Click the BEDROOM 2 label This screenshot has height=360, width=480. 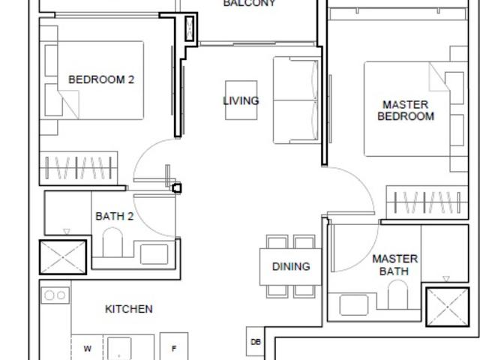click(x=101, y=79)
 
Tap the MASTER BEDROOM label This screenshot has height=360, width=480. click(x=406, y=111)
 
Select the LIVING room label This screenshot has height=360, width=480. click(x=241, y=100)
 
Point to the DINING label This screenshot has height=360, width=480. click(x=290, y=266)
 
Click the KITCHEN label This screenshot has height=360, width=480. click(x=128, y=309)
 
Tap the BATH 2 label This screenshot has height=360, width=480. click(x=115, y=217)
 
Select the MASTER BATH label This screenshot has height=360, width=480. click(x=395, y=265)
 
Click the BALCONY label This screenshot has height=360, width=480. click(x=250, y=4)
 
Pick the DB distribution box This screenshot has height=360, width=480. click(x=255, y=342)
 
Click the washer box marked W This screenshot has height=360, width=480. click(x=87, y=348)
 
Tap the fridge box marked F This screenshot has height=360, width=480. click(x=174, y=348)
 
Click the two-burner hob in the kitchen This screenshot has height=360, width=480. click(x=55, y=295)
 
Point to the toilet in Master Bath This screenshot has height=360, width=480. click(x=400, y=298)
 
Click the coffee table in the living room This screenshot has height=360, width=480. click(x=241, y=100)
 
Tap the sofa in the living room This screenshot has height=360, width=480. click(x=297, y=100)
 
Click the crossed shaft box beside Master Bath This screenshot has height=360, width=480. click(x=447, y=306)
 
